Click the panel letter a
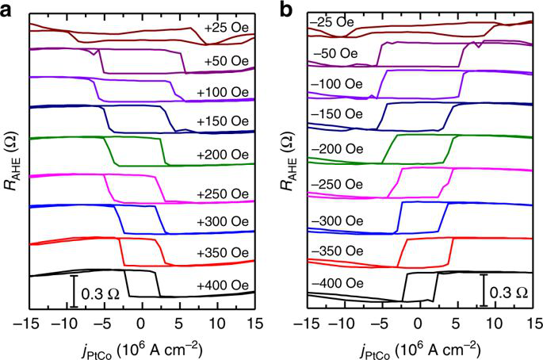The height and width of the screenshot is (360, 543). pyautogui.click(x=7, y=10)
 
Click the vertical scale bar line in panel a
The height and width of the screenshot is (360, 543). pyautogui.click(x=73, y=289)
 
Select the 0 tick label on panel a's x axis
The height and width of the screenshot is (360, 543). pyautogui.click(x=141, y=324)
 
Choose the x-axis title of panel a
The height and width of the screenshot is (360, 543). pyautogui.click(x=141, y=347)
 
